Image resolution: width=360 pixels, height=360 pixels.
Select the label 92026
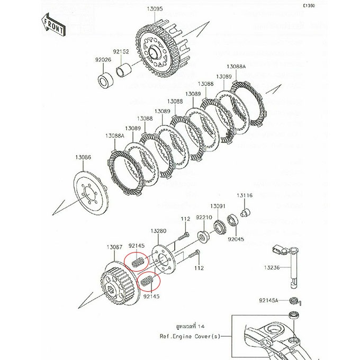(103, 60)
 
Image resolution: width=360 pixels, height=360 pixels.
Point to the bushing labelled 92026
(104, 81)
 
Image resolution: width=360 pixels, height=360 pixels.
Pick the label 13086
(83, 157)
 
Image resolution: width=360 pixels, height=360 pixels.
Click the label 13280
(158, 231)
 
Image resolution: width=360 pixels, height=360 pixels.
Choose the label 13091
(218, 205)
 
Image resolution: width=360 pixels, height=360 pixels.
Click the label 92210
(204, 217)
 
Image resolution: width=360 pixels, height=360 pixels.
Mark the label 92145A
(269, 300)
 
